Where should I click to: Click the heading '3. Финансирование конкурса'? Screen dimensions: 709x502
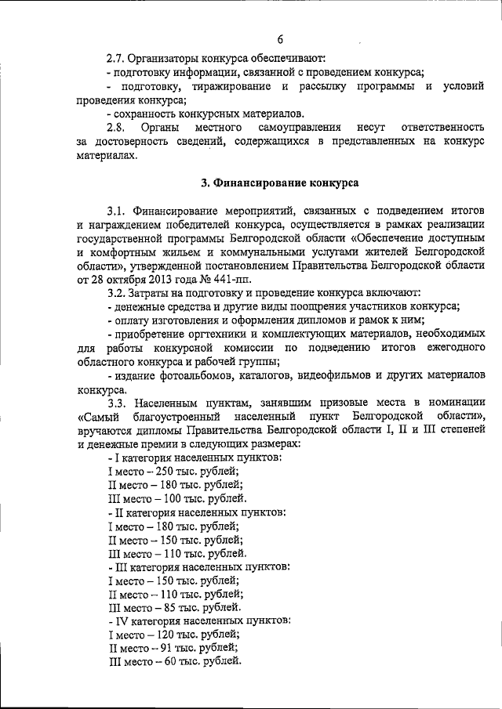point(279,183)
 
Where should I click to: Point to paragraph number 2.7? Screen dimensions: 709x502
point(118,58)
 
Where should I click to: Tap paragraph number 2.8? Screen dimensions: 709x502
point(118,127)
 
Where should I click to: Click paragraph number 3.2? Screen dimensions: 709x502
point(118,292)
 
